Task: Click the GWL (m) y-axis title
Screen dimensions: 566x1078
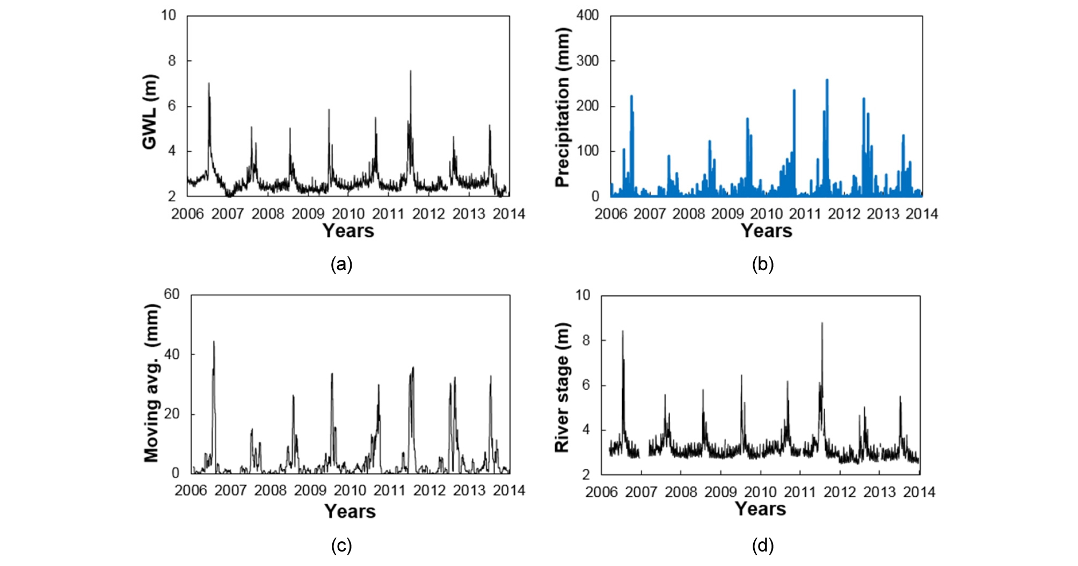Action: [x=149, y=112]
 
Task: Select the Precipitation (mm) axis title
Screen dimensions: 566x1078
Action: [x=562, y=107]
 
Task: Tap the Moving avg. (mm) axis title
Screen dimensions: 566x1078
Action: [x=151, y=383]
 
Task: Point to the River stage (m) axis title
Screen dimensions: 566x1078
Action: [x=562, y=387]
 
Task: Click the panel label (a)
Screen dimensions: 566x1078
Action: [x=341, y=264]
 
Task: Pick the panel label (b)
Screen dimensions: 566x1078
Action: [x=762, y=264]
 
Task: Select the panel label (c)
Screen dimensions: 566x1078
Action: [x=341, y=546]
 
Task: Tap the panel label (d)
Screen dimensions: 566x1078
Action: [x=762, y=546]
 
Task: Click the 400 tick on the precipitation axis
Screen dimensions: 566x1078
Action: [x=587, y=15]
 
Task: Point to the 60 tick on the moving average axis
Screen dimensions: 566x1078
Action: [x=172, y=294]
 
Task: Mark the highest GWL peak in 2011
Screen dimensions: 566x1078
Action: [x=411, y=71]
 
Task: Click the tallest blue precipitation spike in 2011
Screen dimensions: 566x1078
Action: [x=827, y=80]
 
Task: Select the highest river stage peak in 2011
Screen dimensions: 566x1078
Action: [x=822, y=323]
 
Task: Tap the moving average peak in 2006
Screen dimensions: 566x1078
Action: [x=214, y=342]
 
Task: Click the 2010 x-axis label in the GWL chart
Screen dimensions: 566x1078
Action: [x=348, y=214]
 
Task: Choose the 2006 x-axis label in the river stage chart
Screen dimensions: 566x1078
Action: [x=601, y=492]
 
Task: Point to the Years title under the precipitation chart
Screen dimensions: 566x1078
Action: [x=766, y=231]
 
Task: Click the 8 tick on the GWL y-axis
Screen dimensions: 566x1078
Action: [x=172, y=61]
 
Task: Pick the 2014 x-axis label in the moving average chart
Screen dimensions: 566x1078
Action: [x=509, y=490]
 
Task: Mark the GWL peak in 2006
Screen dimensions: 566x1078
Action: [x=209, y=83]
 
